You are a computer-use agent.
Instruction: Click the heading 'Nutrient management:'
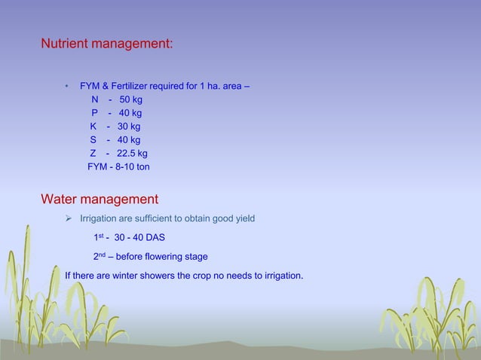[x=106, y=44]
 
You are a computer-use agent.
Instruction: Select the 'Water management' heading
[x=99, y=200]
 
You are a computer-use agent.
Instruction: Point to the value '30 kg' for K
[x=129, y=127]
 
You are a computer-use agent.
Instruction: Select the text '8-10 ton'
[x=132, y=166]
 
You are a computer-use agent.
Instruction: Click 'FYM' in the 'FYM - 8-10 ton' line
[x=97, y=166]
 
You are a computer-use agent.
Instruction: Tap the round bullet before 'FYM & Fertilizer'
[x=67, y=86]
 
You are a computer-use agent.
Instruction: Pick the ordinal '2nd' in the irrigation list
[x=99, y=256]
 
